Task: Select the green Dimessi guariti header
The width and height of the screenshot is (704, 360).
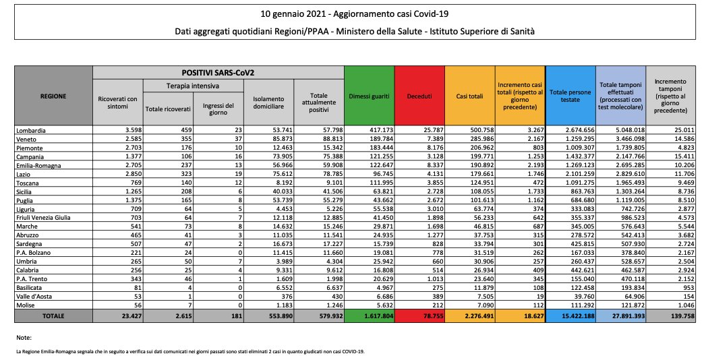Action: coord(369,96)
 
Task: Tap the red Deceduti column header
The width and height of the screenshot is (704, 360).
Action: coord(419,96)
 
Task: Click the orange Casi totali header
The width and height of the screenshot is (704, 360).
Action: coord(469,96)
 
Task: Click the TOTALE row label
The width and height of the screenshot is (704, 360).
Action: coord(53,316)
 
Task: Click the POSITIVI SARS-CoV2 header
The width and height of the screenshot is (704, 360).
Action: coord(218,71)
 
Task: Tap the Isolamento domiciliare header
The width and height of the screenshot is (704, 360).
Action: coord(268,102)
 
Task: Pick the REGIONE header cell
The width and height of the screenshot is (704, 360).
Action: coord(53,96)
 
